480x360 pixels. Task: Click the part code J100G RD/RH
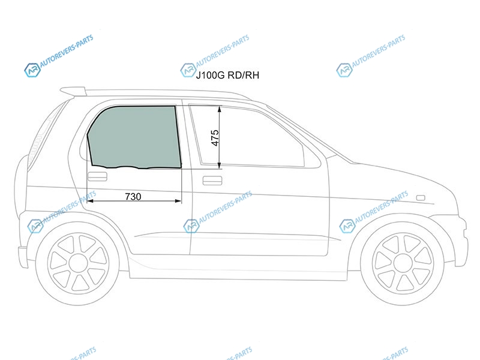227,75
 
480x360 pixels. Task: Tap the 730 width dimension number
133,196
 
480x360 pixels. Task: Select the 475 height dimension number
215,138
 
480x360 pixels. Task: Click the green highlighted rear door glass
134,137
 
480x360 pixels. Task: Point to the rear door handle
97,176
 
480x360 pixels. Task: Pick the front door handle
212,181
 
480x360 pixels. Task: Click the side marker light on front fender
421,198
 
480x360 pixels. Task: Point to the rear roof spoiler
73,91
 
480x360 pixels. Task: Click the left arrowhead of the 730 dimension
90,201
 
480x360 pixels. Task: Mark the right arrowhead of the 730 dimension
178,201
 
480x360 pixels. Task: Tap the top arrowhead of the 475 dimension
220,109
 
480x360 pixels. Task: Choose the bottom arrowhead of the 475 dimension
220,166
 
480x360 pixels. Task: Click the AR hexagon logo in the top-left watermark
32,70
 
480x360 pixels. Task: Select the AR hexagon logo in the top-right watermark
344,70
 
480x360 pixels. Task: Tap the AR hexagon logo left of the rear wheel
35,226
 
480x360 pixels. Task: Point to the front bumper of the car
462,242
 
